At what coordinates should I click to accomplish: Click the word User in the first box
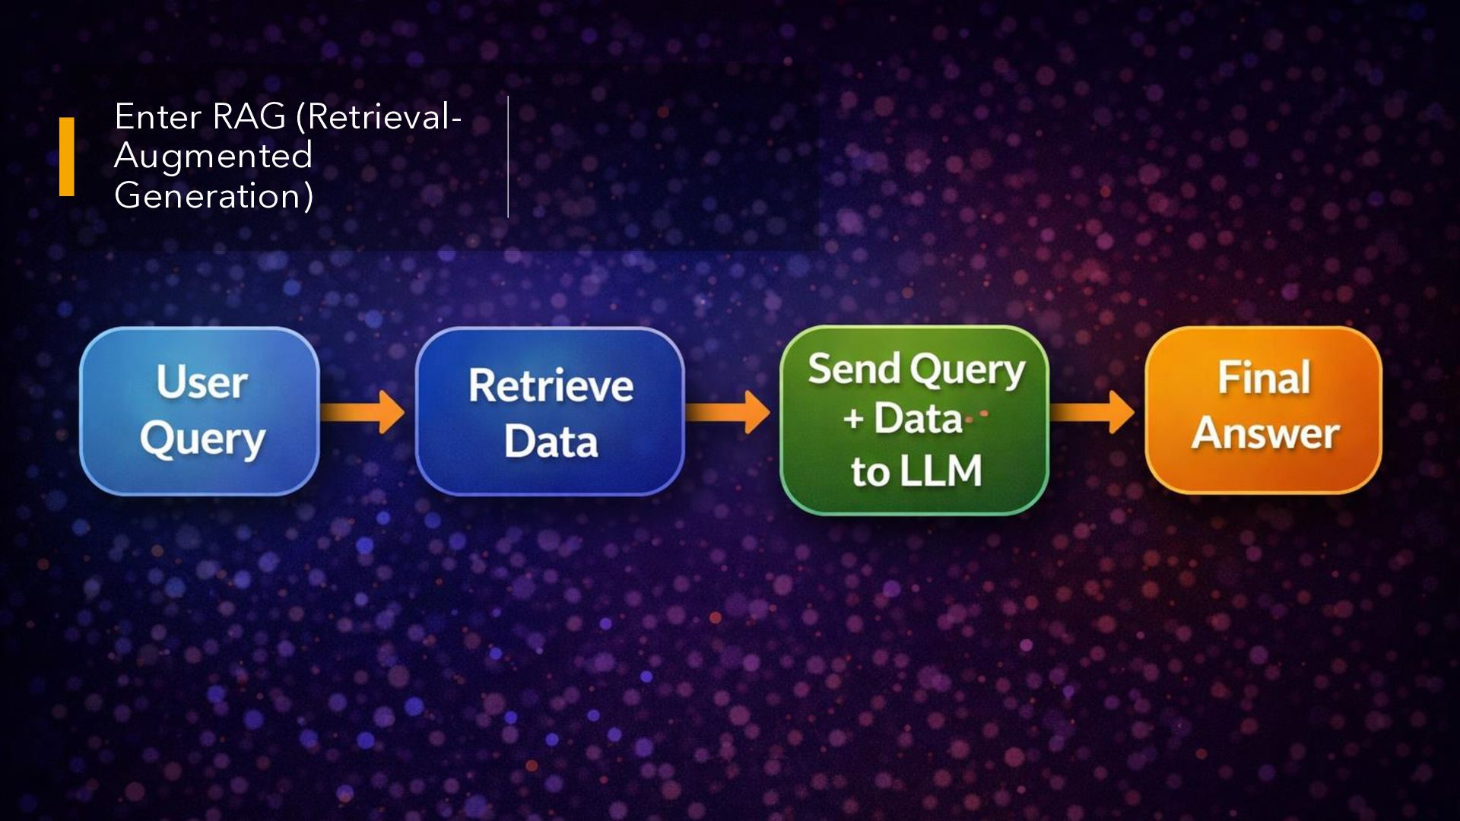coord(202,382)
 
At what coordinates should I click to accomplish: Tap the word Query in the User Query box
coord(202,440)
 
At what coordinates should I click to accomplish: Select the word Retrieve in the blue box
coord(551,385)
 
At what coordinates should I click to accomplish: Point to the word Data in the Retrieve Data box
coord(551,442)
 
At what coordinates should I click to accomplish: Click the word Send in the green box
coord(854,369)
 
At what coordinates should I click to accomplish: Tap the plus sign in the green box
coord(853,418)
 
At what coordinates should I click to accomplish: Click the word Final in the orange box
coord(1264,378)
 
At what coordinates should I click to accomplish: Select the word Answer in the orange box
coord(1265,433)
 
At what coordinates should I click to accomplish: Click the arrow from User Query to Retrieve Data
coord(363,413)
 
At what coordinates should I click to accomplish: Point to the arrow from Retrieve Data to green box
coord(728,413)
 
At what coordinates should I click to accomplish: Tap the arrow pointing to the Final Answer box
coord(1093,413)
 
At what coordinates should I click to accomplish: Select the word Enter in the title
coord(157,116)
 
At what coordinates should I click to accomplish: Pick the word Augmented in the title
coord(213,157)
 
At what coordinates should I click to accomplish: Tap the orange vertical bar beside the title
coord(67,157)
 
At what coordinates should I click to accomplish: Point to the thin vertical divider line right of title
coord(508,157)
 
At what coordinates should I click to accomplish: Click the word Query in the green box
coord(967,371)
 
